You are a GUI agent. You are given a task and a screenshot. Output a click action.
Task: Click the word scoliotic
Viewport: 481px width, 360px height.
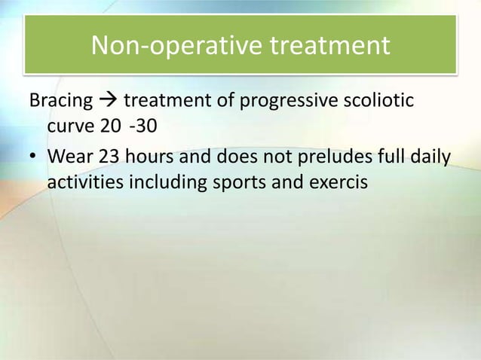[378, 100]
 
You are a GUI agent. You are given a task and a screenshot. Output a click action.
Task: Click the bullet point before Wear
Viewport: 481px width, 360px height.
[34, 159]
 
